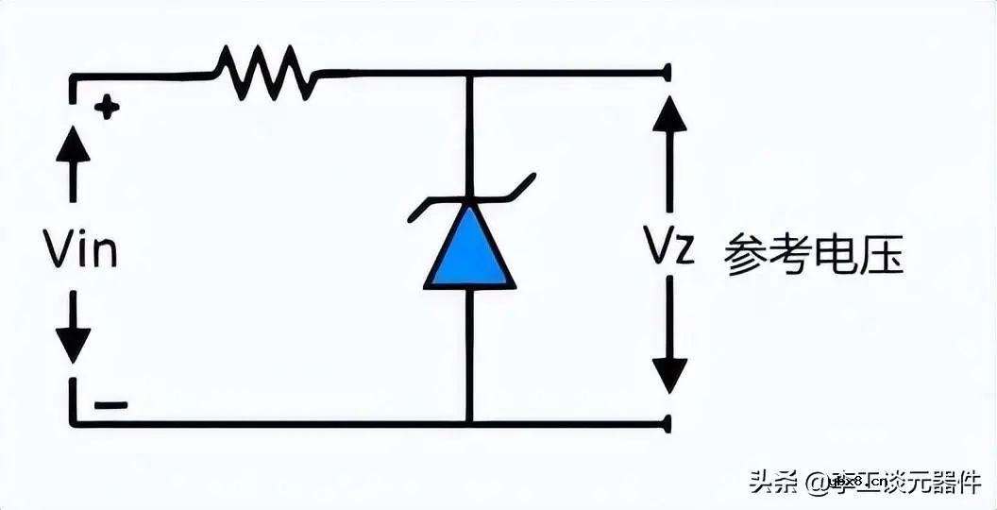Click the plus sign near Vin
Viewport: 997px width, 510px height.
[x=108, y=108]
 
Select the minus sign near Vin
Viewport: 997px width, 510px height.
[x=110, y=405]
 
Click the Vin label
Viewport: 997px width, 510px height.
[x=79, y=250]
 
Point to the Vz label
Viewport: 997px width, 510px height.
[x=669, y=248]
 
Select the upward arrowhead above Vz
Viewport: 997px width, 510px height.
[x=669, y=113]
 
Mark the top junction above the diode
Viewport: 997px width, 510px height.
[x=469, y=72]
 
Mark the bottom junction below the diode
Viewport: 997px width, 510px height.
[x=469, y=424]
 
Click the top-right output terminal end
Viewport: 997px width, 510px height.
[x=667, y=72]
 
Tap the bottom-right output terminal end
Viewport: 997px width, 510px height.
[x=667, y=424]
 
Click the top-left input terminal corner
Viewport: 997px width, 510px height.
[x=73, y=75]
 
